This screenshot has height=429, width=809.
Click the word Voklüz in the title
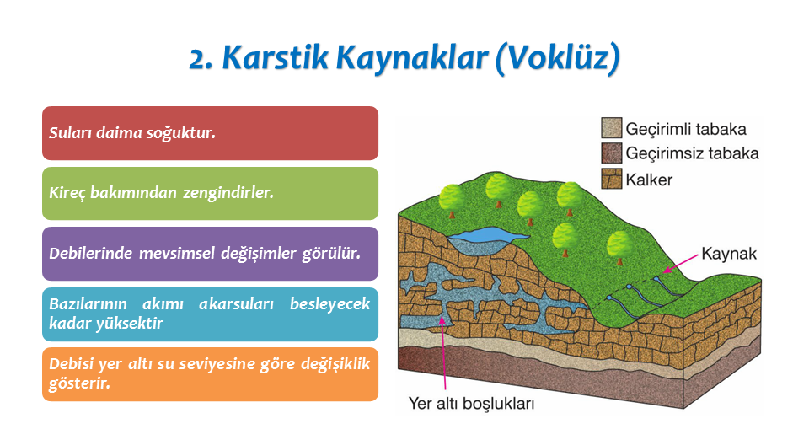coord(558,58)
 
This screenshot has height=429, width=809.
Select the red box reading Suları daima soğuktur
coord(210,133)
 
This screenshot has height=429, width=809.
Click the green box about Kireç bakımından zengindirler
coord(210,194)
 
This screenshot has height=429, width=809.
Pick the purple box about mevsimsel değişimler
coord(210,254)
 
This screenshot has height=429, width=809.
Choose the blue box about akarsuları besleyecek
coord(210,314)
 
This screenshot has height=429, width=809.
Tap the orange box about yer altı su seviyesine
coord(210,374)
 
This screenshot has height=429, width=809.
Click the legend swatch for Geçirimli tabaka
coord(612,127)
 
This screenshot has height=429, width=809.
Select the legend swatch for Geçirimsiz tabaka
coord(612,153)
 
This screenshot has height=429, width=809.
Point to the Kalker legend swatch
coord(612,179)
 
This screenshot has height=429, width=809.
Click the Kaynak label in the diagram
coord(728,254)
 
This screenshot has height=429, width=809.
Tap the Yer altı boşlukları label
coord(471,403)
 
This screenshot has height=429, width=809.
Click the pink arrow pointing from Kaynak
coord(680,262)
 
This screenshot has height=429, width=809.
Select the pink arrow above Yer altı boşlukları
coord(443,353)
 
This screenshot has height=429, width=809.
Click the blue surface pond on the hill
coord(487,235)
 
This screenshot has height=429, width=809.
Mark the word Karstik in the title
coord(275,57)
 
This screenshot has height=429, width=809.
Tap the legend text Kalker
coord(649,180)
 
